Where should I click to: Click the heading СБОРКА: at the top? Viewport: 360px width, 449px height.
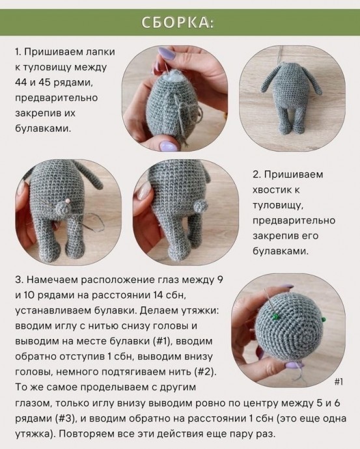pyautogui.click(x=180, y=23)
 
